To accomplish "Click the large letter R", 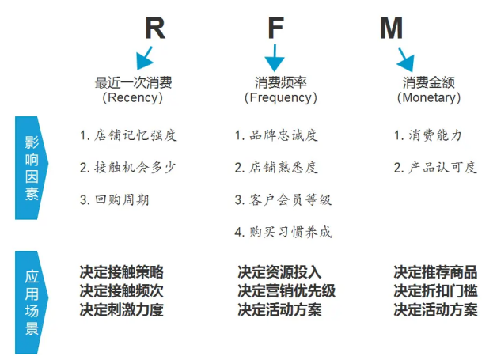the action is pos(155,28).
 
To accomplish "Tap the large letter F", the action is pos(275,28).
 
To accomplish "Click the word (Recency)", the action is pos(133,98).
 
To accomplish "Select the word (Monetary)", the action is pos(428,98).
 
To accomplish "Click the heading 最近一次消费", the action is pos(133,82).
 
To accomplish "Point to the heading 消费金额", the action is pos(428,82).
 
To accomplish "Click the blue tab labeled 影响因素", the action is pos(31,167).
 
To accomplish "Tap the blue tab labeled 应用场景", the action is pos(31,301).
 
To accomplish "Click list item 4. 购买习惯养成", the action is pos(283,232).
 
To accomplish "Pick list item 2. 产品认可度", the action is pos(435,167).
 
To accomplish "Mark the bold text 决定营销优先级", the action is pos(286,291).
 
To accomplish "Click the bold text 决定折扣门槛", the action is pos(435,291).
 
